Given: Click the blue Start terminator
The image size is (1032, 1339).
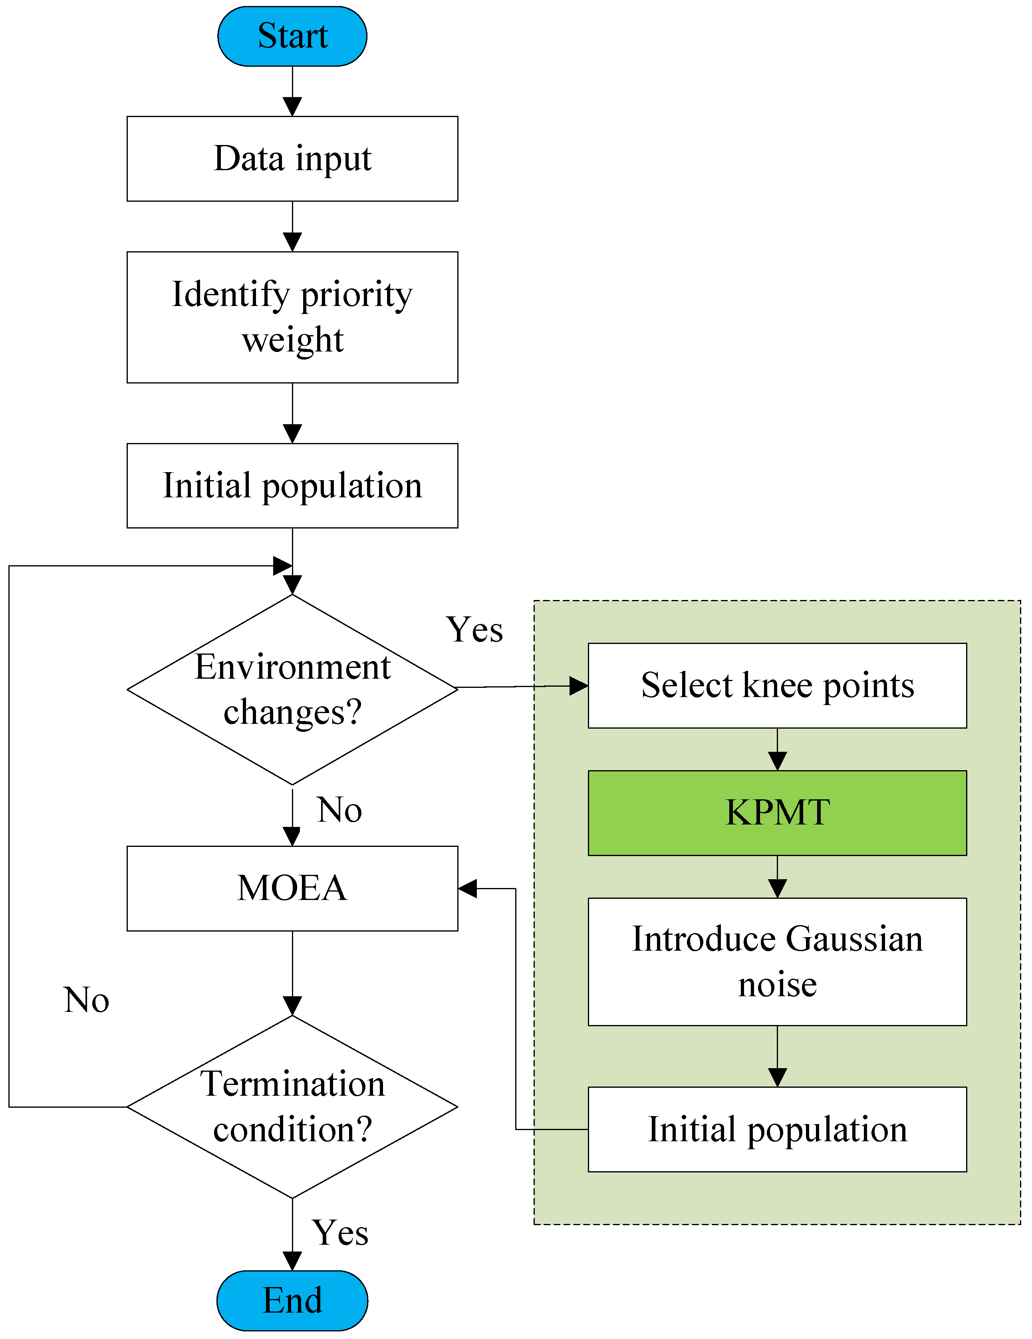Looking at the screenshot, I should (292, 36).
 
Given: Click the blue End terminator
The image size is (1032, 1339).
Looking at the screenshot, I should (292, 1300).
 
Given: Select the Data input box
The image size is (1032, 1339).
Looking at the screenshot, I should (292, 159).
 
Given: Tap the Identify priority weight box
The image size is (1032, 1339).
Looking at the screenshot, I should (292, 317).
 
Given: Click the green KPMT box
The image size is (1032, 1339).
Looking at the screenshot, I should (777, 813).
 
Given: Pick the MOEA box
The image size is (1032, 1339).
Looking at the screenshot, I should (292, 888).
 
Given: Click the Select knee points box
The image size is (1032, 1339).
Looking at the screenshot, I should (777, 685).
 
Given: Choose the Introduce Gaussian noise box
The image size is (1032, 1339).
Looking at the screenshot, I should (777, 962).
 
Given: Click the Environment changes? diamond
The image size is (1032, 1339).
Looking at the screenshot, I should (292, 690).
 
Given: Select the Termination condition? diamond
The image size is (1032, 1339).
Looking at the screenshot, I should (292, 1107).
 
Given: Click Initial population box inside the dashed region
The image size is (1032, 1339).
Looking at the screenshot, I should (777, 1129).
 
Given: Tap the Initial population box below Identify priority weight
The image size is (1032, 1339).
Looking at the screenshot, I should (292, 486).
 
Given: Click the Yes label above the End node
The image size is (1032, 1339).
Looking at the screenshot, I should (340, 1233).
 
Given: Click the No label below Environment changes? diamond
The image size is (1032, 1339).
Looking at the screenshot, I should (339, 810).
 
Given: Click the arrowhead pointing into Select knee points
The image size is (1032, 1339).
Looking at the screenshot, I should (579, 686).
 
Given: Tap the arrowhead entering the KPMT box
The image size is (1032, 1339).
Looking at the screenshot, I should (777, 761).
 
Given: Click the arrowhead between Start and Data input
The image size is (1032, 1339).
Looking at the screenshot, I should (292, 107).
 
